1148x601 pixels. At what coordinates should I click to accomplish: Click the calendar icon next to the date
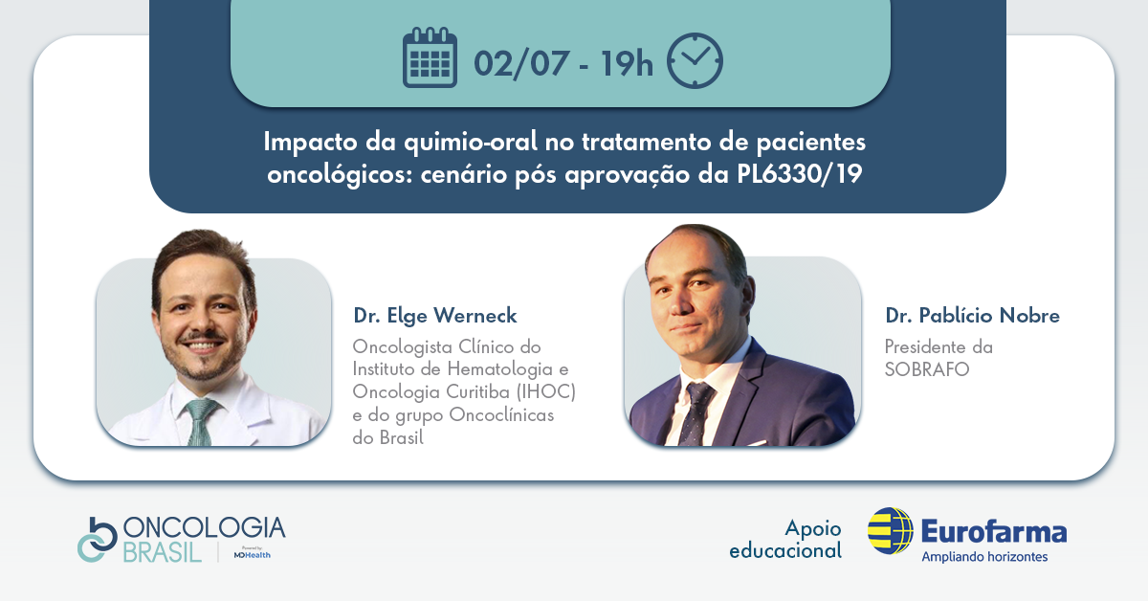click(x=430, y=57)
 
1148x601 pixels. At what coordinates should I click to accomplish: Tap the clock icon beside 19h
click(x=695, y=60)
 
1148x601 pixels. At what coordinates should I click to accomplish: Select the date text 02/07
click(x=521, y=63)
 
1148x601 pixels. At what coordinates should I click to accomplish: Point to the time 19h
click(x=627, y=63)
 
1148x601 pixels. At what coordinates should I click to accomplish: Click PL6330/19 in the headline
click(x=800, y=174)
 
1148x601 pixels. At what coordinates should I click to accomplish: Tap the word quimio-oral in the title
click(x=471, y=142)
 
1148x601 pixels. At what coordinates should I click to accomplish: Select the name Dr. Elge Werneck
click(x=435, y=316)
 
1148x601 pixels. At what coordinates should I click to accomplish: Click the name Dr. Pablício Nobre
click(x=972, y=316)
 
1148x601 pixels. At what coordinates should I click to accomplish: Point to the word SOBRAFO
click(x=927, y=369)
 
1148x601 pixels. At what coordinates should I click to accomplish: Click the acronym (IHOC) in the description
click(x=546, y=391)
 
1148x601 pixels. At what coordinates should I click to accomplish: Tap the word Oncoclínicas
click(x=501, y=414)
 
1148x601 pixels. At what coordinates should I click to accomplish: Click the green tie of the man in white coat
click(x=200, y=421)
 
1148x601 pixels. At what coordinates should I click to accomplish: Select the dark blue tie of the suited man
click(x=696, y=413)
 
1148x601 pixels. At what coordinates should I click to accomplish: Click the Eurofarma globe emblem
click(x=891, y=531)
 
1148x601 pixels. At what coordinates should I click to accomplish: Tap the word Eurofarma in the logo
click(x=994, y=531)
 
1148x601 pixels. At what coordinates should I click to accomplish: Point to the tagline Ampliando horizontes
click(x=984, y=557)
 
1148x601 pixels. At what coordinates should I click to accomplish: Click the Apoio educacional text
click(x=785, y=539)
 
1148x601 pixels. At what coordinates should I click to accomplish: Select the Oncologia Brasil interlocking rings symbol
click(x=98, y=540)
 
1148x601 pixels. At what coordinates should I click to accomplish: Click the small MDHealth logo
click(x=253, y=554)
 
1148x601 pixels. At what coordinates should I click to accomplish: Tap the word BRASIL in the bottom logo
click(x=162, y=553)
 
